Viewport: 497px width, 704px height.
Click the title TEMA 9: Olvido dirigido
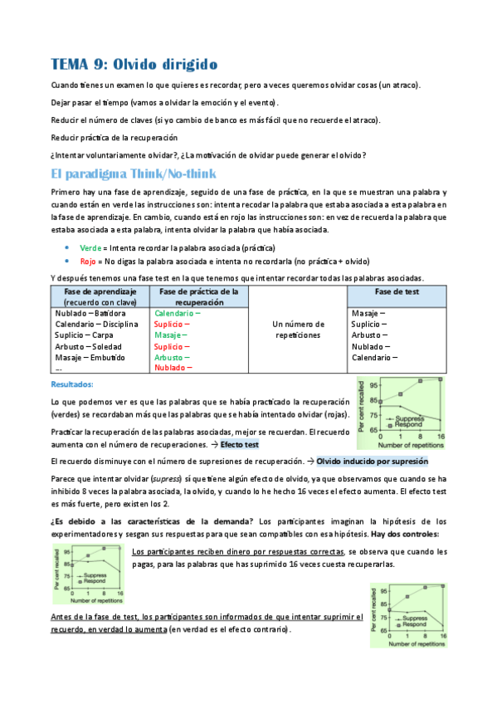pyautogui.click(x=133, y=64)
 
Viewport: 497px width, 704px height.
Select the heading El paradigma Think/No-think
pyautogui.click(x=134, y=174)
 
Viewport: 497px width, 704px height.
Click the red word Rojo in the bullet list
pyautogui.click(x=88, y=260)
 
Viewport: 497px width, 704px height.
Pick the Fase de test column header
pyautogui.click(x=397, y=292)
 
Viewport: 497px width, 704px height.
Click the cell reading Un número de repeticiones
pyautogui.click(x=296, y=330)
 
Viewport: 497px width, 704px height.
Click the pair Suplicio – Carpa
pyautogui.click(x=84, y=335)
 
